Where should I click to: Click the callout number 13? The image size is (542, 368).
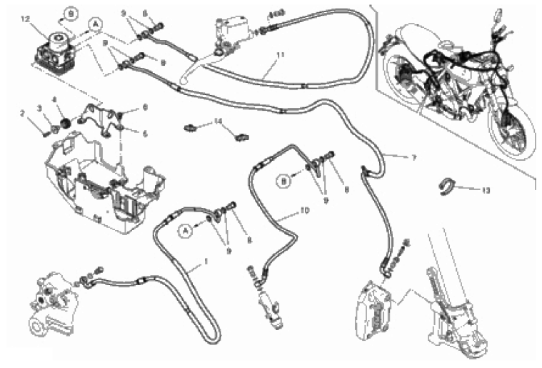pos(486,191)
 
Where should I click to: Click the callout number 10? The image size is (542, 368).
pos(304,212)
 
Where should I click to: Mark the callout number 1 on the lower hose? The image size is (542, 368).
pos(206,262)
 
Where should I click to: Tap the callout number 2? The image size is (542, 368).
pos(22,113)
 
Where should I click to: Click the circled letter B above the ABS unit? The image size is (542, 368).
pos(71,12)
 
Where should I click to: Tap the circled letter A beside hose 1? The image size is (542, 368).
pos(184,230)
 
